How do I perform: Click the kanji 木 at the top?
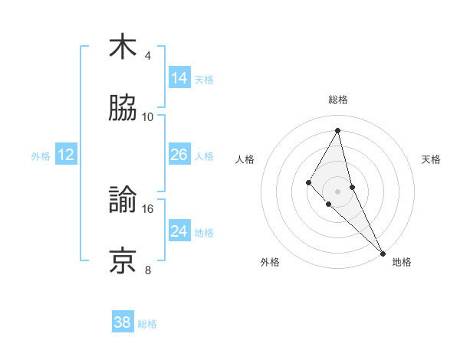[x=123, y=47]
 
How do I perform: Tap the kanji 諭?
[x=123, y=201]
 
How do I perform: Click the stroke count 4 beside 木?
[x=148, y=56]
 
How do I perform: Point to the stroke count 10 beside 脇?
[x=148, y=116]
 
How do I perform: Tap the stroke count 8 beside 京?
[x=148, y=270]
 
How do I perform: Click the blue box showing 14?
[x=179, y=78]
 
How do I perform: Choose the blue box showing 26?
[x=179, y=155]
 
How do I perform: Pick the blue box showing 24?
[x=179, y=231]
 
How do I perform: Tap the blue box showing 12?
[x=65, y=155]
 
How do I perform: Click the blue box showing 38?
[x=123, y=322]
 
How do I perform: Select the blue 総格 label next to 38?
[x=147, y=324]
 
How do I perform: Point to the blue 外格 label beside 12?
[x=41, y=156]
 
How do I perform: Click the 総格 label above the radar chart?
[x=338, y=100]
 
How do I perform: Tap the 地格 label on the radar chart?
[x=402, y=262]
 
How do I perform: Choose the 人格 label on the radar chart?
[x=245, y=159]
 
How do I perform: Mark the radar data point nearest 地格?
[x=383, y=253]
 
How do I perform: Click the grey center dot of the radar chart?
[x=337, y=191]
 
